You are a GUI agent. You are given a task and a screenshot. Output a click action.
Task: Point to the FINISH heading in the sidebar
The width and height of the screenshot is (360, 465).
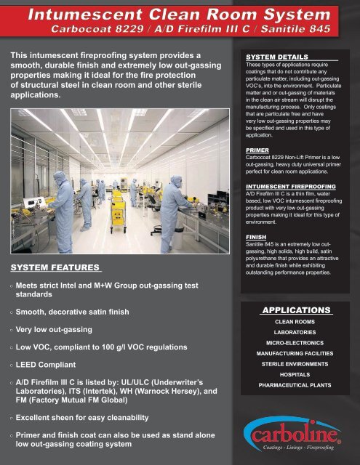click(255, 237)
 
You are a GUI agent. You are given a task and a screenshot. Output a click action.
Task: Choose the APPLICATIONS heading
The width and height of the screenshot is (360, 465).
click(296, 310)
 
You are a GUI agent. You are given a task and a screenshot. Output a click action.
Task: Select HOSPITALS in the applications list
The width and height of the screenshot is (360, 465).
click(296, 374)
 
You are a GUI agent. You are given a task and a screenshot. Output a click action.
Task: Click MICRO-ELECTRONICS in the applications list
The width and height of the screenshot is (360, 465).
click(296, 342)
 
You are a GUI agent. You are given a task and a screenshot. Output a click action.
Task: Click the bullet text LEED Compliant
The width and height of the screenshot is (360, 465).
click(49, 363)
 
